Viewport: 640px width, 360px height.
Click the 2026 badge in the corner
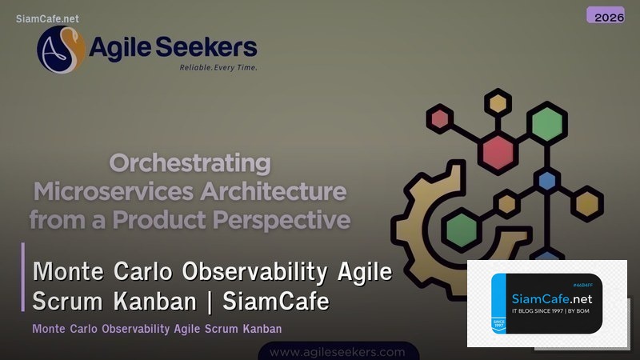coord(605,15)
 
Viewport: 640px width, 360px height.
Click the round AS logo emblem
coord(61,50)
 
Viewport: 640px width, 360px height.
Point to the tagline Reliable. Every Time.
coord(218,68)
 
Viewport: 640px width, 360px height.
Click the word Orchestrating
coord(190,164)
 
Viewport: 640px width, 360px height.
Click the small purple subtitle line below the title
coord(157,329)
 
